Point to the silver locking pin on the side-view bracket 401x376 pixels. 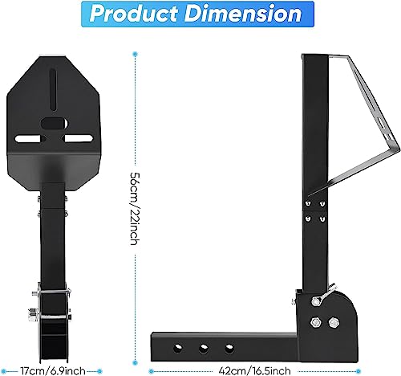pos(314,296)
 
